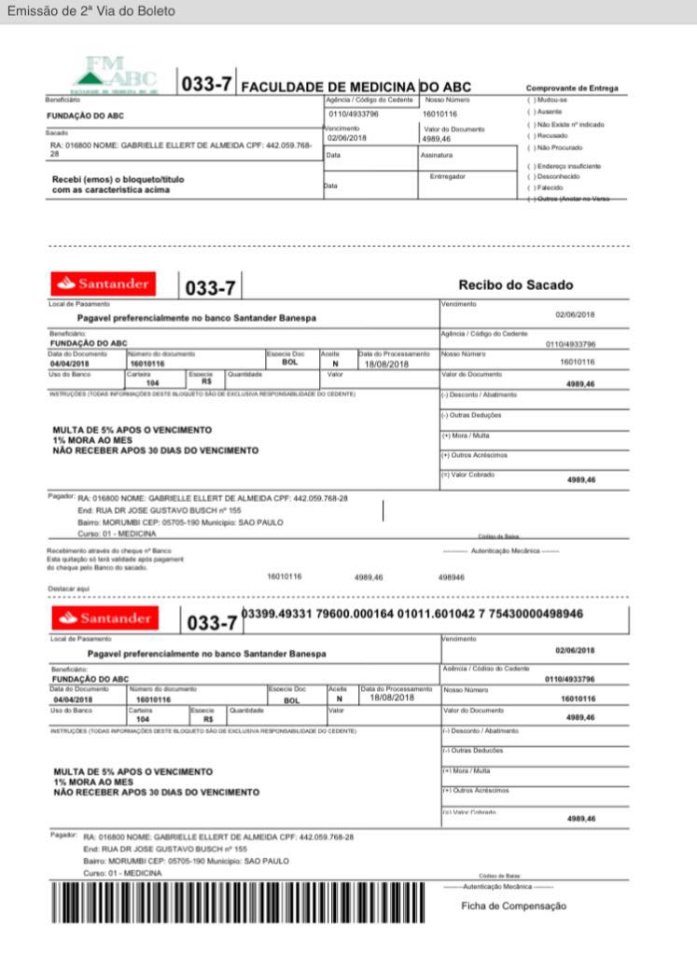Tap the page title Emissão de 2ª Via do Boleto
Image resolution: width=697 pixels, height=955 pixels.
click(x=91, y=11)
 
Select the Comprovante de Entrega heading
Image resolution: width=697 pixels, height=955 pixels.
click(x=571, y=89)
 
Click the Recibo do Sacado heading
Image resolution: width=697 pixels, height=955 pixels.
click(x=515, y=284)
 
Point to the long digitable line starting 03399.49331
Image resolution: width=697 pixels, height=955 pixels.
click(x=411, y=614)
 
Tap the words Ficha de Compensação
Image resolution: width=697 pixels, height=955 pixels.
click(x=513, y=906)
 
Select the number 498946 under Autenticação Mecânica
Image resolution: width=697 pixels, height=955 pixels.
click(x=451, y=577)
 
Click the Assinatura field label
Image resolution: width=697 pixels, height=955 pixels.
click(x=436, y=155)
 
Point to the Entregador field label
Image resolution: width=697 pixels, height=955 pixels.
click(x=447, y=175)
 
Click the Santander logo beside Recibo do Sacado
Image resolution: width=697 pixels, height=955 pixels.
click(x=104, y=283)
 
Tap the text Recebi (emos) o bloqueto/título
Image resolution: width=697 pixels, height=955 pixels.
click(x=111, y=179)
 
